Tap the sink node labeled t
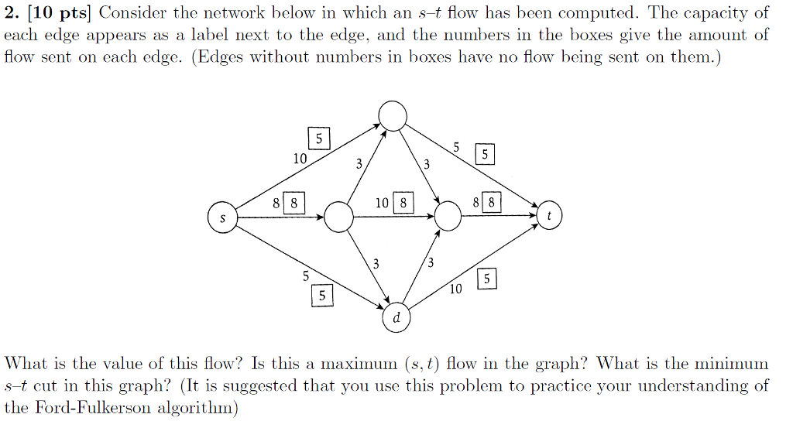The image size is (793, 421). tap(549, 217)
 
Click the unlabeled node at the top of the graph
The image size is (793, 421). tap(392, 116)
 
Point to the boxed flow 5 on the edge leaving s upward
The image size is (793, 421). tap(319, 139)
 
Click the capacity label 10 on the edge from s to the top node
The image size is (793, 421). tap(300, 158)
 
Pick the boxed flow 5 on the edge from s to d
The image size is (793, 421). tap(323, 295)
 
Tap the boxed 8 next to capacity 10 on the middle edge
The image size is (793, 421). tap(403, 204)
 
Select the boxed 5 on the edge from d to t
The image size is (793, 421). tap(486, 279)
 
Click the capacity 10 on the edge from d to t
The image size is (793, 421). tap(455, 289)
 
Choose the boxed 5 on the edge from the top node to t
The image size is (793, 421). tap(484, 155)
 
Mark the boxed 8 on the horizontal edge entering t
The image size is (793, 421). tap(491, 204)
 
